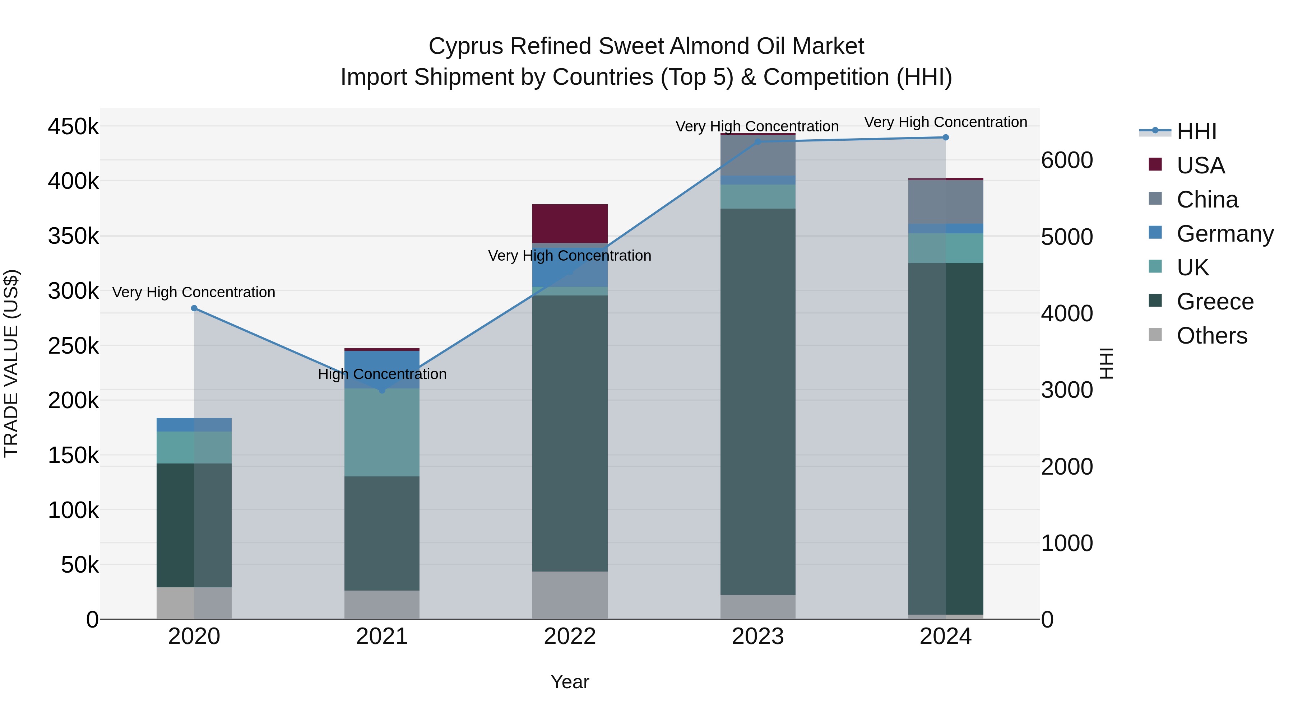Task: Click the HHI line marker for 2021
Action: coord(382,390)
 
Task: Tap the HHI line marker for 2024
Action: coord(946,138)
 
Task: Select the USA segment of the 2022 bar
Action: coord(570,224)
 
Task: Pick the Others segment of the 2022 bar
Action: coord(570,595)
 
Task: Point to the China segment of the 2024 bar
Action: coord(946,202)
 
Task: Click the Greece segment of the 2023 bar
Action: coord(758,401)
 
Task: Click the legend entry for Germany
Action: coord(1225,234)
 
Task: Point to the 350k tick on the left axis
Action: coord(73,236)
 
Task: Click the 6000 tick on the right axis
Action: coord(1067,160)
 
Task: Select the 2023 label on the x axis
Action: coord(758,637)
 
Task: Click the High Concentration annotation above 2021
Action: coord(382,374)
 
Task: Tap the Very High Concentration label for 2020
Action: coord(194,293)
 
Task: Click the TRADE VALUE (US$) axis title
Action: coord(11,363)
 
